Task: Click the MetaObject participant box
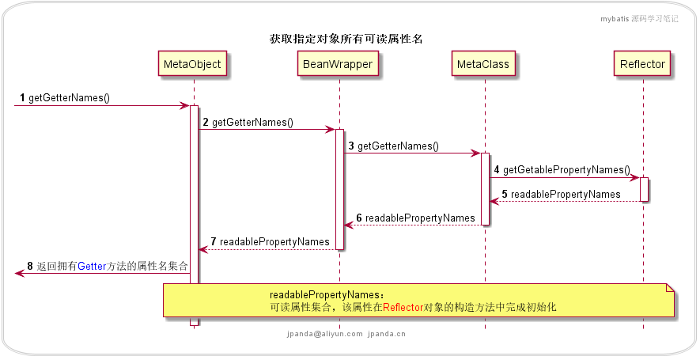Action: point(192,63)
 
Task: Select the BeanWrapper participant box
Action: point(339,63)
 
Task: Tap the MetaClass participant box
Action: point(484,63)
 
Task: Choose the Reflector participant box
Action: point(643,63)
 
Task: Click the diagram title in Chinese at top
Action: point(346,38)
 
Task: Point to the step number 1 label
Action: point(22,98)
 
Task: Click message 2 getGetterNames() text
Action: point(252,123)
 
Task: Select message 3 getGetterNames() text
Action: point(398,146)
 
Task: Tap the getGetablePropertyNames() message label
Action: point(566,170)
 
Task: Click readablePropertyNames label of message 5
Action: point(566,194)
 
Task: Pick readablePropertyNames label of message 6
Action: point(420,218)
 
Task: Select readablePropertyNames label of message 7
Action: point(274,241)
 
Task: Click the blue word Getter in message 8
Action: point(91,267)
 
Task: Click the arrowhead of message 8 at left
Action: point(19,273)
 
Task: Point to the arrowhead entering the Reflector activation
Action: point(634,177)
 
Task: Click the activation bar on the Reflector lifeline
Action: point(644,189)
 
